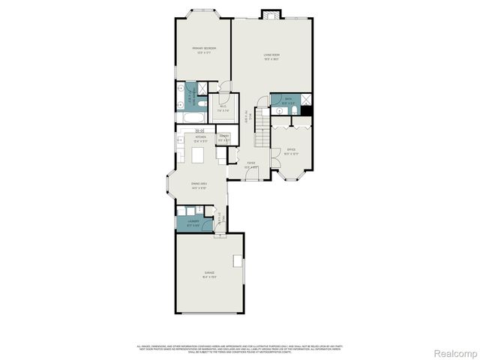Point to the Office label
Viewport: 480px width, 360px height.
(x=292, y=152)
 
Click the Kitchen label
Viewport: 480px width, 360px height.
(x=200, y=139)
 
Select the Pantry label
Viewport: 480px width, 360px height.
(x=223, y=138)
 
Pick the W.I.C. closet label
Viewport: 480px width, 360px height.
(x=223, y=107)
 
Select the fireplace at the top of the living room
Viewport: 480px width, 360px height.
(x=271, y=14)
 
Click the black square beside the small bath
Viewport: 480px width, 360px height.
(x=307, y=112)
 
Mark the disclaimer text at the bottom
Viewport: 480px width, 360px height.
(x=240, y=348)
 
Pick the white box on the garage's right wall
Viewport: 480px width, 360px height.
(x=238, y=261)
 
